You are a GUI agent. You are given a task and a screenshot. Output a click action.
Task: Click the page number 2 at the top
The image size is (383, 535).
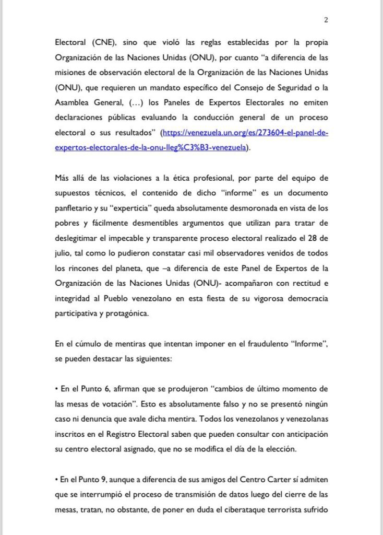326,20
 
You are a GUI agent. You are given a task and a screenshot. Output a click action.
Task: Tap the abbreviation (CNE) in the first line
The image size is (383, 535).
98,41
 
